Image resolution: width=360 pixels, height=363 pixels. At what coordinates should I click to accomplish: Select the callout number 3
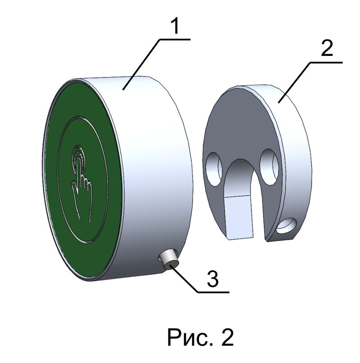[x=212, y=279]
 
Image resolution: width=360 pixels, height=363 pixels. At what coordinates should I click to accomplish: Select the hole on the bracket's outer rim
[x=286, y=227]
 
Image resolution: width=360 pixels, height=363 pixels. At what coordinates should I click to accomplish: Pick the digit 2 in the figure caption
[x=225, y=336]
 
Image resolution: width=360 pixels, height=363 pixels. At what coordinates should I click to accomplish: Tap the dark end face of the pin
[x=171, y=265]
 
